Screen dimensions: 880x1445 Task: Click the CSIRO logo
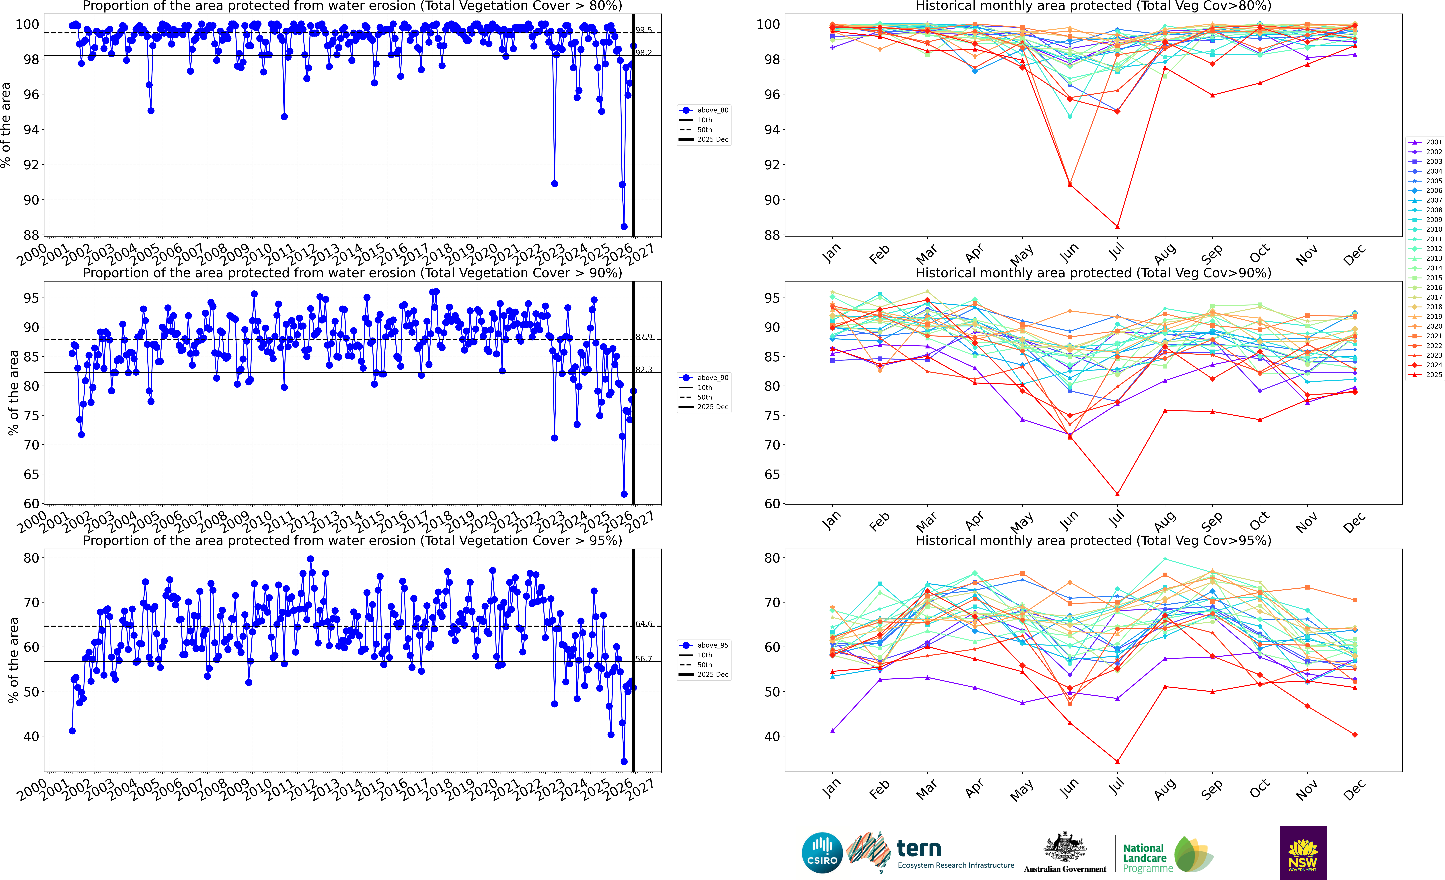pyautogui.click(x=822, y=852)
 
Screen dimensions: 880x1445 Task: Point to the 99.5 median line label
pyautogui.click(x=643, y=30)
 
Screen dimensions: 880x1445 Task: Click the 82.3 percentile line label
pyautogui.click(x=643, y=370)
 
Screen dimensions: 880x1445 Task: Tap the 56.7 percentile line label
pyautogui.click(x=643, y=659)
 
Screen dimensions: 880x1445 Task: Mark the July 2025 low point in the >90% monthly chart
pyautogui.click(x=1117, y=494)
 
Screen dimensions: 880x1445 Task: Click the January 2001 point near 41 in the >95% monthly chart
pyautogui.click(x=832, y=731)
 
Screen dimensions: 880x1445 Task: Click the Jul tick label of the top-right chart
pyautogui.click(x=1116, y=252)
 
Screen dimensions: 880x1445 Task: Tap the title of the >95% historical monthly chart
pyautogui.click(x=1093, y=540)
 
